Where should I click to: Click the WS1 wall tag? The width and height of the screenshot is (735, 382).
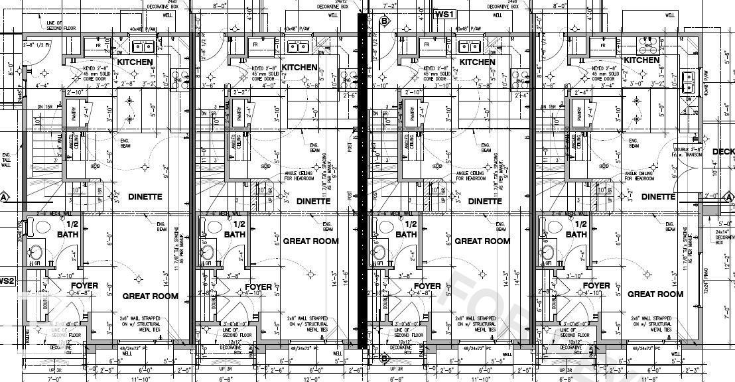[x=444, y=15]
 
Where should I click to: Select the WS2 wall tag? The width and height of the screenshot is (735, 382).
[x=6, y=281]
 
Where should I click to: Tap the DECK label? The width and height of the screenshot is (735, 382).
[x=723, y=152]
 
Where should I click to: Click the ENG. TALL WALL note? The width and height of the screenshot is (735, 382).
[x=7, y=160]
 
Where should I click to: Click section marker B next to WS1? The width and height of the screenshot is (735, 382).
[x=383, y=21]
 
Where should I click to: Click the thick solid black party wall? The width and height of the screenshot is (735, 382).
[x=362, y=179]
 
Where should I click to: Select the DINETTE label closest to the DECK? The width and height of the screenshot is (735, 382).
[x=658, y=197]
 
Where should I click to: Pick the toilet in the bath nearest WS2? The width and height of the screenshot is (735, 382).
[x=44, y=227]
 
